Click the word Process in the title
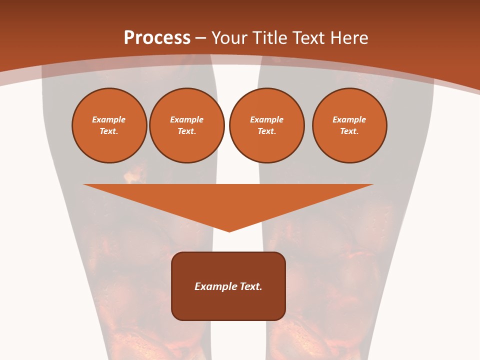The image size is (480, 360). [157, 38]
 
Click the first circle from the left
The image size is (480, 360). [109, 125]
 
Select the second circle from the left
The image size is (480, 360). [186, 125]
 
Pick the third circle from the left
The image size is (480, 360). [266, 125]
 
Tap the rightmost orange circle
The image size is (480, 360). [349, 125]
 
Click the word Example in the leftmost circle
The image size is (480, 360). [109, 119]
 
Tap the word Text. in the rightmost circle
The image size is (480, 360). [349, 131]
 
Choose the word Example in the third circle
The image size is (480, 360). [266, 119]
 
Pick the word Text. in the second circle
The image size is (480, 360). [186, 131]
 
